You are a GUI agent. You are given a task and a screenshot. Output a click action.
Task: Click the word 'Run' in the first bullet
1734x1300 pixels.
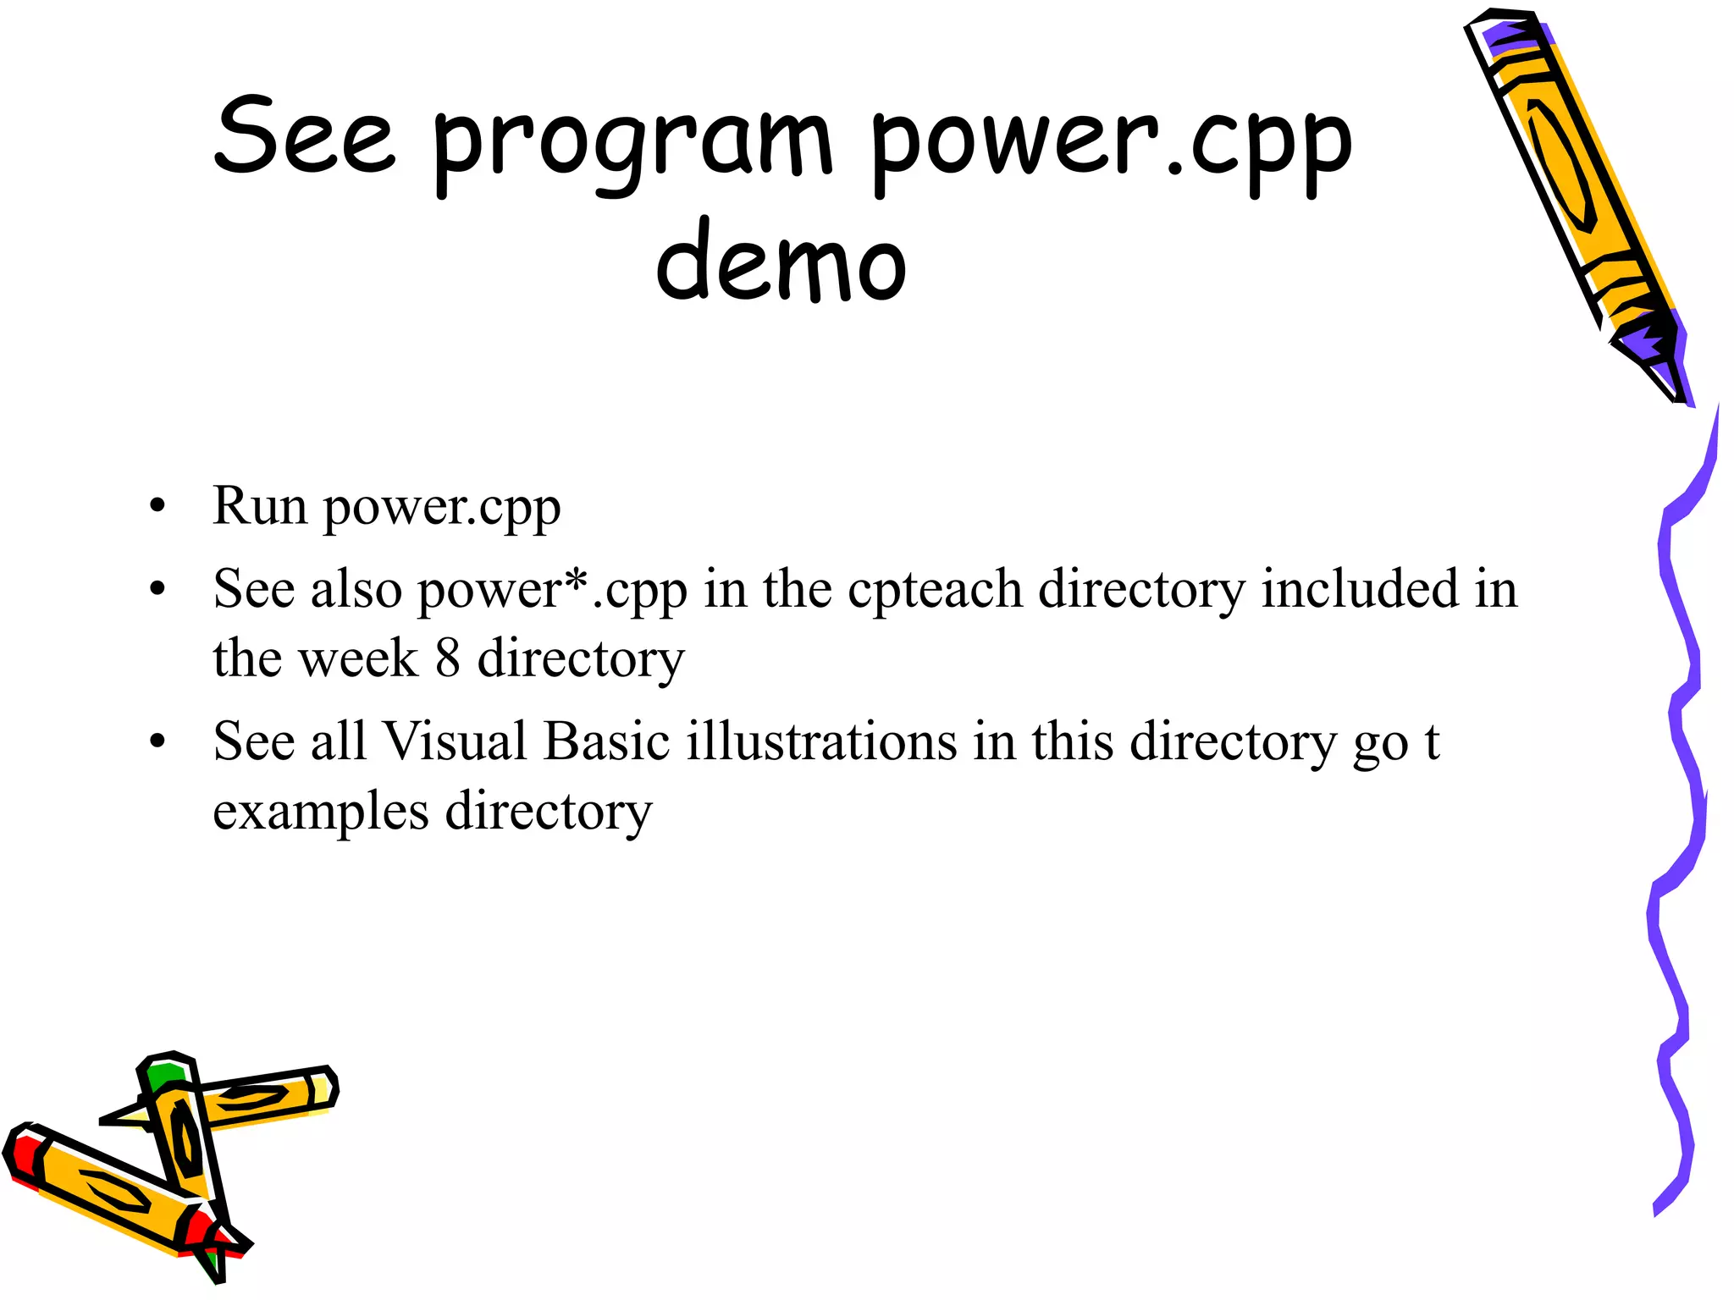pos(259,506)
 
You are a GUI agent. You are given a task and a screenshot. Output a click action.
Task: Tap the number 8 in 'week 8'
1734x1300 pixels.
pos(448,658)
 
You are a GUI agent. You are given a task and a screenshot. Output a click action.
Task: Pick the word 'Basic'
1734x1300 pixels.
pos(606,741)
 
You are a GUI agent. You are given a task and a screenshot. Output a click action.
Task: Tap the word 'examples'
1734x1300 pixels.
pos(321,812)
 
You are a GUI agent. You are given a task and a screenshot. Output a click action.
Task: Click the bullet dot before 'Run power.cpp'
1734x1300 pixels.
pos(157,508)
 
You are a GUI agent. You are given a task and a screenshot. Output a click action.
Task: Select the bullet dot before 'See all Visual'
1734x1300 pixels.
pos(157,742)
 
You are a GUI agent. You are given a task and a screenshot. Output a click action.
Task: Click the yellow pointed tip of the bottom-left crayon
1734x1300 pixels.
pos(127,1117)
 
